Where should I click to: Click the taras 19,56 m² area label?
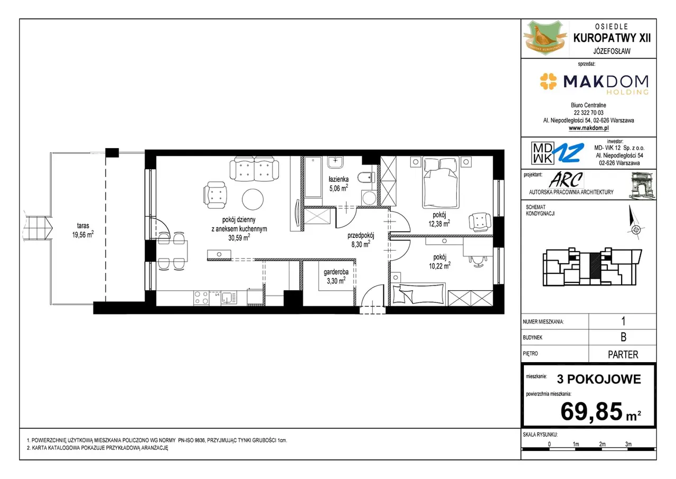coord(83,230)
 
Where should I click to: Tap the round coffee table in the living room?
coord(252,199)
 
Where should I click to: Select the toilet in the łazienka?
coord(366,177)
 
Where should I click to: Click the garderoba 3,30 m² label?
coord(336,277)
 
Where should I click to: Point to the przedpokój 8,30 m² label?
coord(361,240)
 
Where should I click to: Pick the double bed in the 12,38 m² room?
coord(441,182)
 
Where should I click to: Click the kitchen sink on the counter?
coord(229,298)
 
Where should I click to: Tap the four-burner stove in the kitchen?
coord(201,298)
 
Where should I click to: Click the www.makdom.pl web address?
coord(588,128)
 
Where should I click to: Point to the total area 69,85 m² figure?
coord(600,411)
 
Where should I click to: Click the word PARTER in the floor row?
coord(623,355)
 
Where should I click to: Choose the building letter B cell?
coord(623,337)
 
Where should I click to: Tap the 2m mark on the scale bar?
coord(603,444)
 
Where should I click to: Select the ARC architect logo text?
coord(566,180)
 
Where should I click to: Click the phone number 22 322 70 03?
coord(588,113)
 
